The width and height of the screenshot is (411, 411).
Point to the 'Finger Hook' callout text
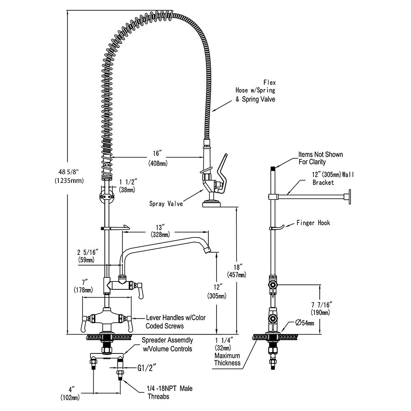[313, 223]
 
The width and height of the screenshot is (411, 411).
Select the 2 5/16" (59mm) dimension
[86, 256]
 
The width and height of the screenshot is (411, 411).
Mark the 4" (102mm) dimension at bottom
[70, 393]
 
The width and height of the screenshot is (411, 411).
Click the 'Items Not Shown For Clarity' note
[321, 158]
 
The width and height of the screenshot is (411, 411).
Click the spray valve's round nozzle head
[212, 203]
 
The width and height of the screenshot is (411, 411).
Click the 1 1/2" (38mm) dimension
[127, 186]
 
